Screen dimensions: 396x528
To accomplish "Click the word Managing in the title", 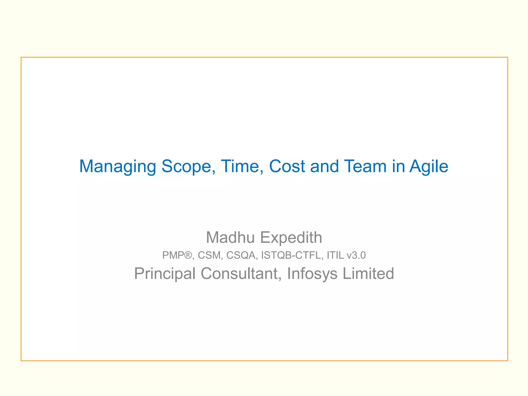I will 118,167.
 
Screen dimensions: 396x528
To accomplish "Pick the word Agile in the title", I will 429,167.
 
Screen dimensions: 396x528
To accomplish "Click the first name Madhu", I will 230,237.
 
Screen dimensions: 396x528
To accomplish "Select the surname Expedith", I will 291,238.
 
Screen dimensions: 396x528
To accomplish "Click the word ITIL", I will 335,255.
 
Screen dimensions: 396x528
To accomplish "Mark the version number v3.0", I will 356,255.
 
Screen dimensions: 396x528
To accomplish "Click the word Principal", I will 165,274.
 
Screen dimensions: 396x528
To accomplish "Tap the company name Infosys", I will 312,274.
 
